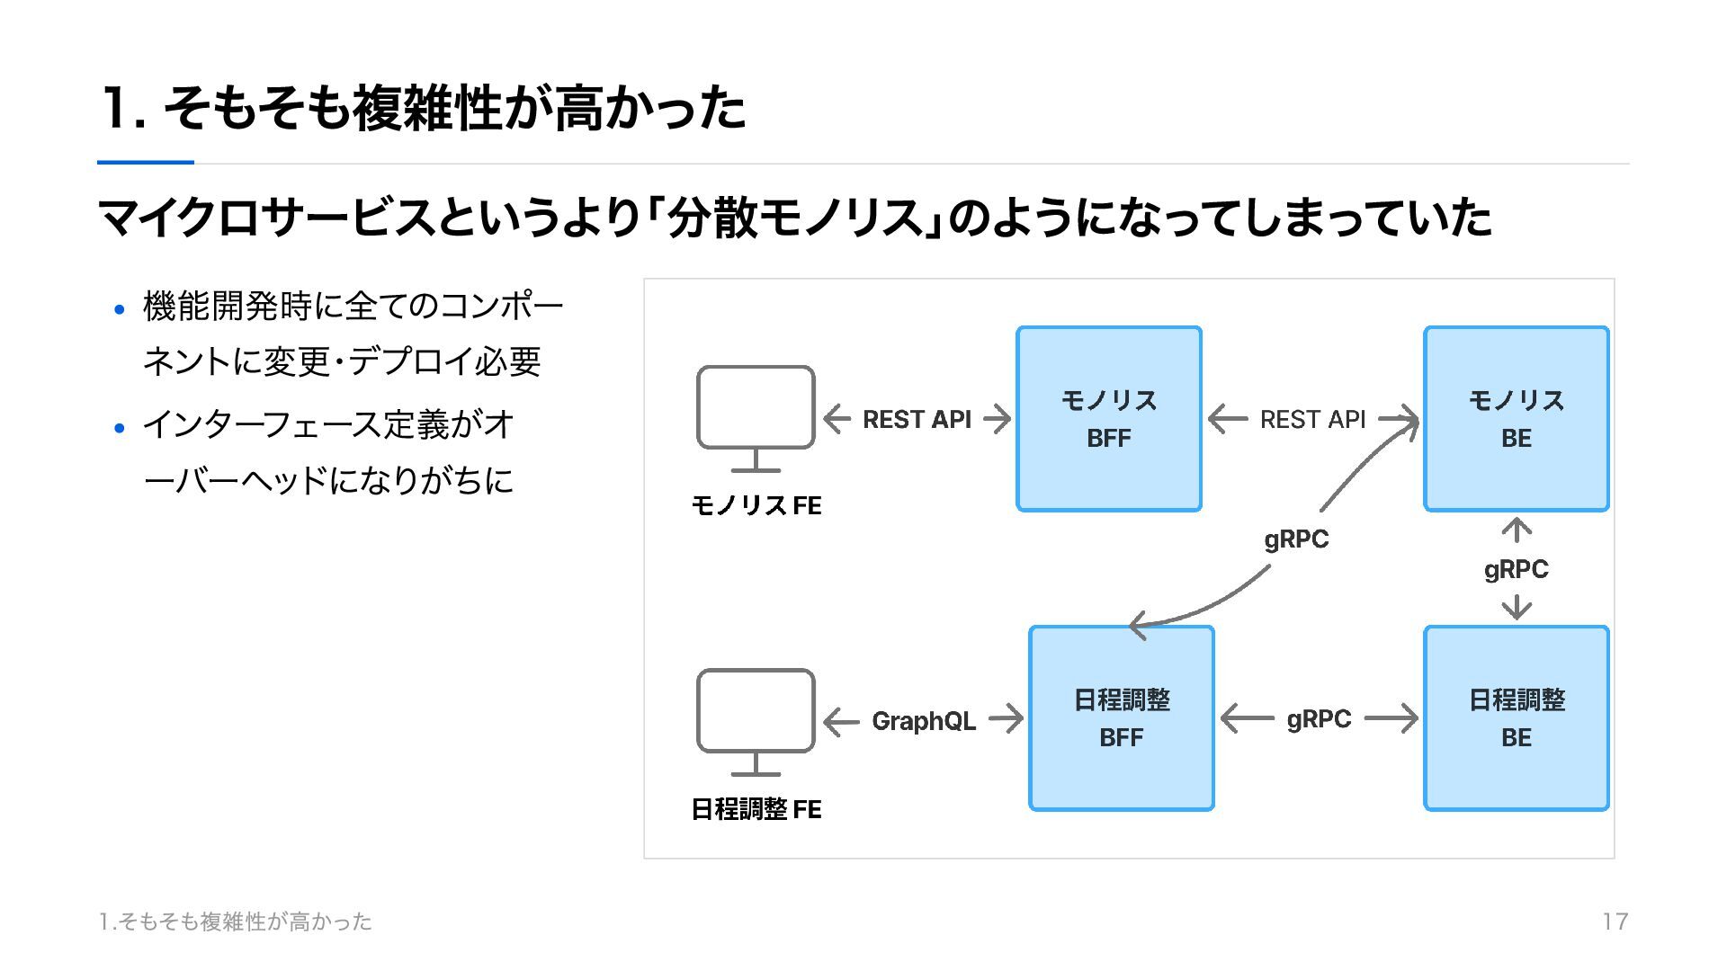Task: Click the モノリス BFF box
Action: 1109,419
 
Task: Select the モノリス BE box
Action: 1517,419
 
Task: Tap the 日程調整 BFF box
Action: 1122,718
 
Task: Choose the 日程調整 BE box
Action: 1517,718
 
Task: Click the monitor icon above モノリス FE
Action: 756,408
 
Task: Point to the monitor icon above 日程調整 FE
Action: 756,711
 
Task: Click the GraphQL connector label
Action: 924,721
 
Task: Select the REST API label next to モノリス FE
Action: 917,420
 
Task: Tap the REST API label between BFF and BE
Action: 1312,420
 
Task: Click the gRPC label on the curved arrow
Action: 1296,539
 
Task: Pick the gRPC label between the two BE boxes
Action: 1517,570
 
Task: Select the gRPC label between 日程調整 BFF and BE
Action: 1319,719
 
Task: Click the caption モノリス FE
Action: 756,505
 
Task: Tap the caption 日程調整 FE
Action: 756,809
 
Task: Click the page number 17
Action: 1615,922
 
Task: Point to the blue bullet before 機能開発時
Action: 120,310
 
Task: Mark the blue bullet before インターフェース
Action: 120,428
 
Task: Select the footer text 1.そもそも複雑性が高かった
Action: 236,922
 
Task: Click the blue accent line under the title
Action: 146,163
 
